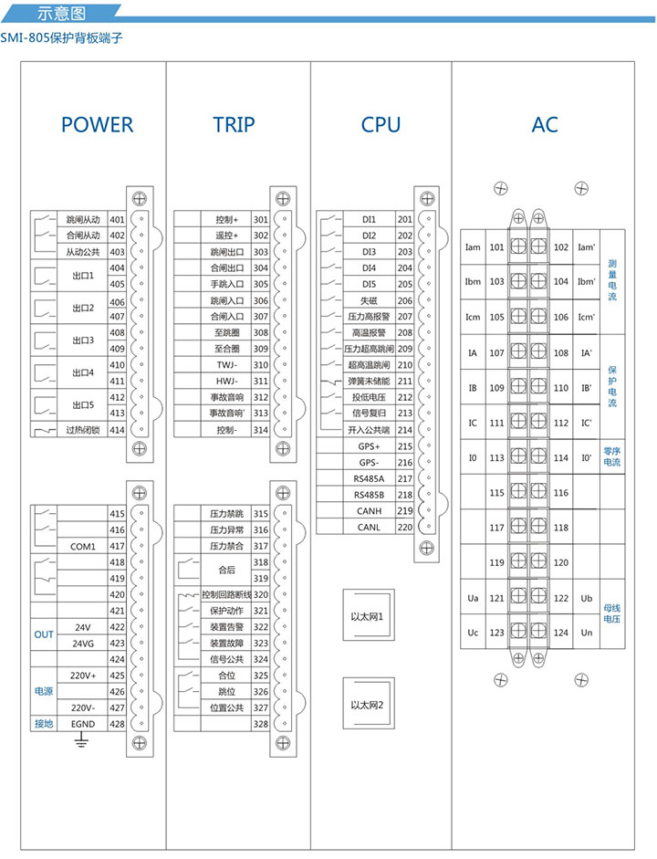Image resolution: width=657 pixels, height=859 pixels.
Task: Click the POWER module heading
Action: coord(97,125)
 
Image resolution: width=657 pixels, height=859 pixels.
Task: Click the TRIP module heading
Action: coord(235,125)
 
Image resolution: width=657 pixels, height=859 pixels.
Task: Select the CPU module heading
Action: coord(381,125)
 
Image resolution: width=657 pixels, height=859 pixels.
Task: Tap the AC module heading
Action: coord(545,125)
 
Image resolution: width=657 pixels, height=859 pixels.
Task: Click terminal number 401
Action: coord(117,220)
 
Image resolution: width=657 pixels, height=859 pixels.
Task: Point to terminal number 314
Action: coord(260,429)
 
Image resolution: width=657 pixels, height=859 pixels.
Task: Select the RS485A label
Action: coord(369,478)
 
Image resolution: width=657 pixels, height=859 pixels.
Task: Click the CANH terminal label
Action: coord(369,511)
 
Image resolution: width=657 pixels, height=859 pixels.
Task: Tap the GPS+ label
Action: coord(369,446)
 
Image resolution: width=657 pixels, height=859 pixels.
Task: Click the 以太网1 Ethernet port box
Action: coord(367,616)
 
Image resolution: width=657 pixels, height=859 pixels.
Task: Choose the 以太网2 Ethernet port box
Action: coord(367,705)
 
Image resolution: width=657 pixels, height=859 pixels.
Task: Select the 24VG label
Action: coord(83,643)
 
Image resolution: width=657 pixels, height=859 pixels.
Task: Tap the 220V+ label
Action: coord(83,676)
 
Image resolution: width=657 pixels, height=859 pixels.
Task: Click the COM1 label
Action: coord(83,546)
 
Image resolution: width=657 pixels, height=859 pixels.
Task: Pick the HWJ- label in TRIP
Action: coord(226,381)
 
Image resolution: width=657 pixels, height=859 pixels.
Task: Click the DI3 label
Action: coord(369,252)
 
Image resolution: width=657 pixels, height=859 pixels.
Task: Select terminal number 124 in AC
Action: coord(561,633)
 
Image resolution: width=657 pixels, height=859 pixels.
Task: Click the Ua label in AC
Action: coord(473,599)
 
